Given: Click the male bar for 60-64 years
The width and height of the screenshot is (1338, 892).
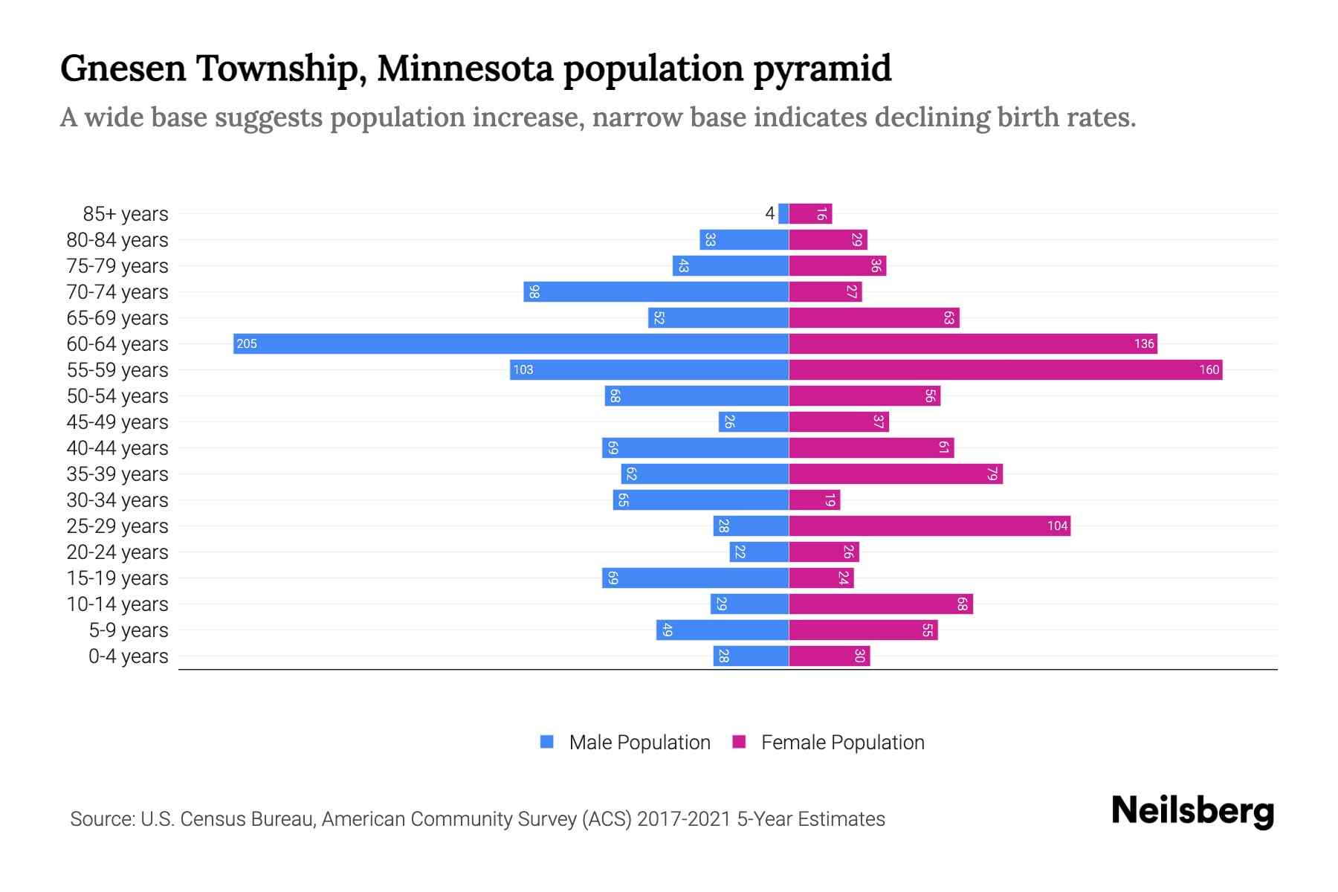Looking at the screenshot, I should [511, 343].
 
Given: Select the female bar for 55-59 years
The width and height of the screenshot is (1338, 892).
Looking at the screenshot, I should [1005, 369].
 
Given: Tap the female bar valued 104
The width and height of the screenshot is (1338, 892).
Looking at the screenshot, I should [929, 526].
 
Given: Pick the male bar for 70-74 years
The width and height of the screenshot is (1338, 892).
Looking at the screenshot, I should [656, 291].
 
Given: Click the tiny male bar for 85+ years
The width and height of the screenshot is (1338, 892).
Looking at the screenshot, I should [783, 213].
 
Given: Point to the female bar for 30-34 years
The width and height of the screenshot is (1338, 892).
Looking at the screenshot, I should [814, 500].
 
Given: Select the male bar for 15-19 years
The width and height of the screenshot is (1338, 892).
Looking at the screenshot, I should [695, 578].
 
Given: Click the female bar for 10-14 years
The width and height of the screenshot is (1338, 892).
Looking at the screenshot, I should [881, 604].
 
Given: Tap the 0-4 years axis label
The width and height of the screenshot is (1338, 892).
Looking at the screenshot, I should [128, 656].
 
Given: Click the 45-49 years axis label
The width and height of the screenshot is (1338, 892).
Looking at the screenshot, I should [117, 422].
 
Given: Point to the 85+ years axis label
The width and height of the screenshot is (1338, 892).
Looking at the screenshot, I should [126, 214].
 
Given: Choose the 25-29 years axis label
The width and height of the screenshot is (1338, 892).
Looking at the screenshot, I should [117, 526].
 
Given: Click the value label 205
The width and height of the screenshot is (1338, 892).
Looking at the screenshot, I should [247, 343].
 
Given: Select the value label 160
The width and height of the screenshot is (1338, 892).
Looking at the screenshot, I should [1209, 369].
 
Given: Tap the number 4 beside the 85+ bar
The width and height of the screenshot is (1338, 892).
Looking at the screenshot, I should [769, 213].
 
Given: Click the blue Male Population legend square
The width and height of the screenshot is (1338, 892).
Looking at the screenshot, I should [547, 742].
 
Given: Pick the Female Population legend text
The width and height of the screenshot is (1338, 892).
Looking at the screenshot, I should [842, 742].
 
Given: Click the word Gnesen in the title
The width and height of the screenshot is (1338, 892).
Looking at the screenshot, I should [123, 68].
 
